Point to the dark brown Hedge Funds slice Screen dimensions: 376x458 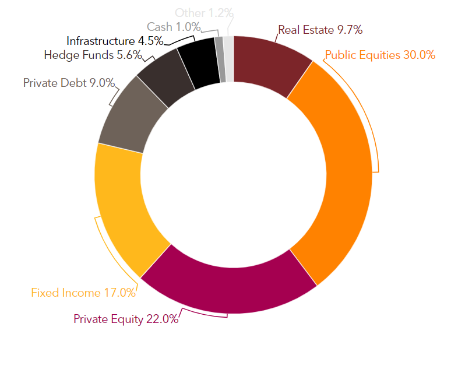click(x=166, y=79)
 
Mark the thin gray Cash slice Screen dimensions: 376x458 click(x=220, y=59)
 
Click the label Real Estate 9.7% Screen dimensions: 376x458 click(x=320, y=30)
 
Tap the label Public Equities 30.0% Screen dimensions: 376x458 click(x=380, y=55)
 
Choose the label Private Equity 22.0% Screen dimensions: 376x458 click(x=126, y=319)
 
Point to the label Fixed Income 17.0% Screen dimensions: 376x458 click(x=83, y=293)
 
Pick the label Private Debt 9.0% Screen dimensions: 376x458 click(x=69, y=83)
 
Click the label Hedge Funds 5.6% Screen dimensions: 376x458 click(x=93, y=55)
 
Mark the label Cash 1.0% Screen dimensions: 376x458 click(x=174, y=27)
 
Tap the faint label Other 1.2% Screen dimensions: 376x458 click(x=204, y=13)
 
